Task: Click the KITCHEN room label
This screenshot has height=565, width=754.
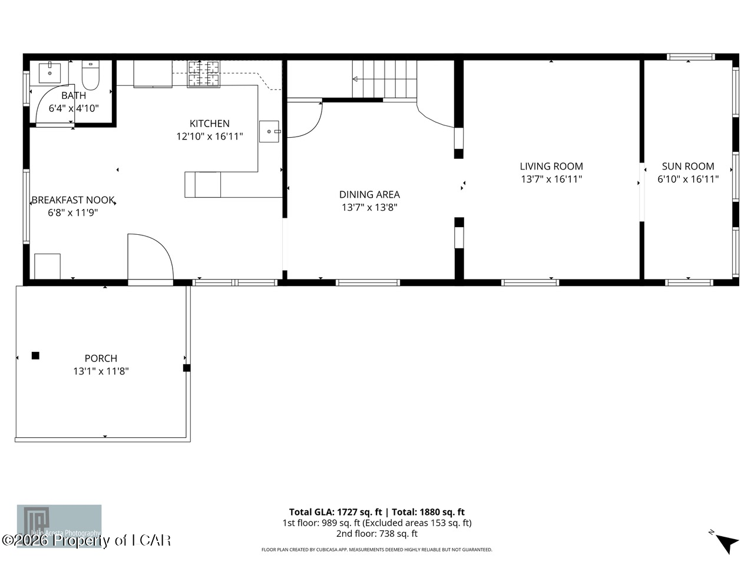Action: point(209,124)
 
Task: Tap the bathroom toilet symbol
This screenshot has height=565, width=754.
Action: point(91,75)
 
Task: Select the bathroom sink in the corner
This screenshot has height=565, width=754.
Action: point(49,72)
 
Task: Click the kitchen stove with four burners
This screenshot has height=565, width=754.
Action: point(203,74)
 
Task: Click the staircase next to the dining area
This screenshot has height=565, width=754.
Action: point(385,79)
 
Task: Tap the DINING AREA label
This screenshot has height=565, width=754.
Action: point(369,194)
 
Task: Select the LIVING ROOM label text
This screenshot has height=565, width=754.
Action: point(551,167)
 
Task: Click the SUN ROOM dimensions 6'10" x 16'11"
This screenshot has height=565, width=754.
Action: point(688,180)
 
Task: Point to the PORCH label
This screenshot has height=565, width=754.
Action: point(101,358)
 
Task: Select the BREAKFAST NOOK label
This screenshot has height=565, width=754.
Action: point(72,200)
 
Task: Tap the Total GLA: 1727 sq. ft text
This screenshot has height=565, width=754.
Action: point(335,512)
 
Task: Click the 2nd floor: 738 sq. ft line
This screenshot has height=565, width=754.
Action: point(376,534)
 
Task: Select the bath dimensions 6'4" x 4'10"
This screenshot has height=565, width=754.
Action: point(74,108)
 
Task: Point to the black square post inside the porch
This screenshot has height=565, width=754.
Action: point(35,355)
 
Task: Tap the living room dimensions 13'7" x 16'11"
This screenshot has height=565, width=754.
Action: point(551,180)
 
